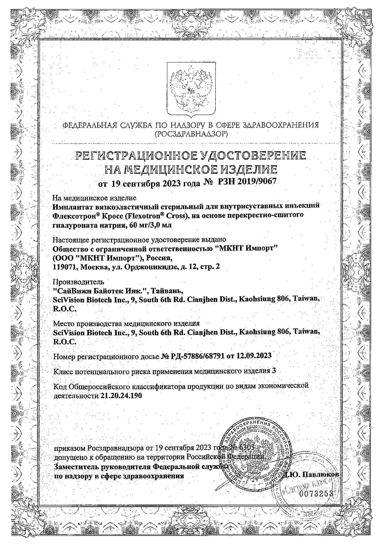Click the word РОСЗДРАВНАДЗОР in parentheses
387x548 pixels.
191,134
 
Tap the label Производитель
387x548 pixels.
78,282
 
